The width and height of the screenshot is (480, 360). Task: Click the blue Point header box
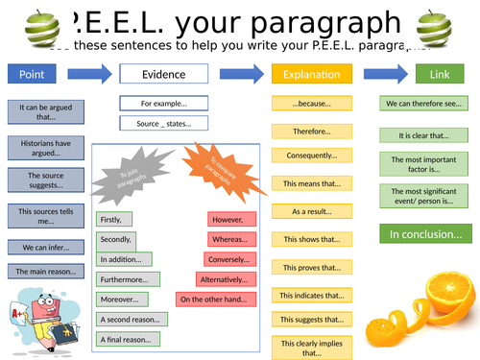point(38,73)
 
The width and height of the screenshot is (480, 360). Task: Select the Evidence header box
point(164,73)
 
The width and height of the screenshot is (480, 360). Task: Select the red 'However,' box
point(231,218)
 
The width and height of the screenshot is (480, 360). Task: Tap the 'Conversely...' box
point(230,259)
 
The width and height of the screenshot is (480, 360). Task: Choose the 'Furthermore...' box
point(124,279)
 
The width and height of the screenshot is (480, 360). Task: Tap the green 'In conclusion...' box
point(425,233)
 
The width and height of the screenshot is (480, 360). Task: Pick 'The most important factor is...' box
point(425,163)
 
